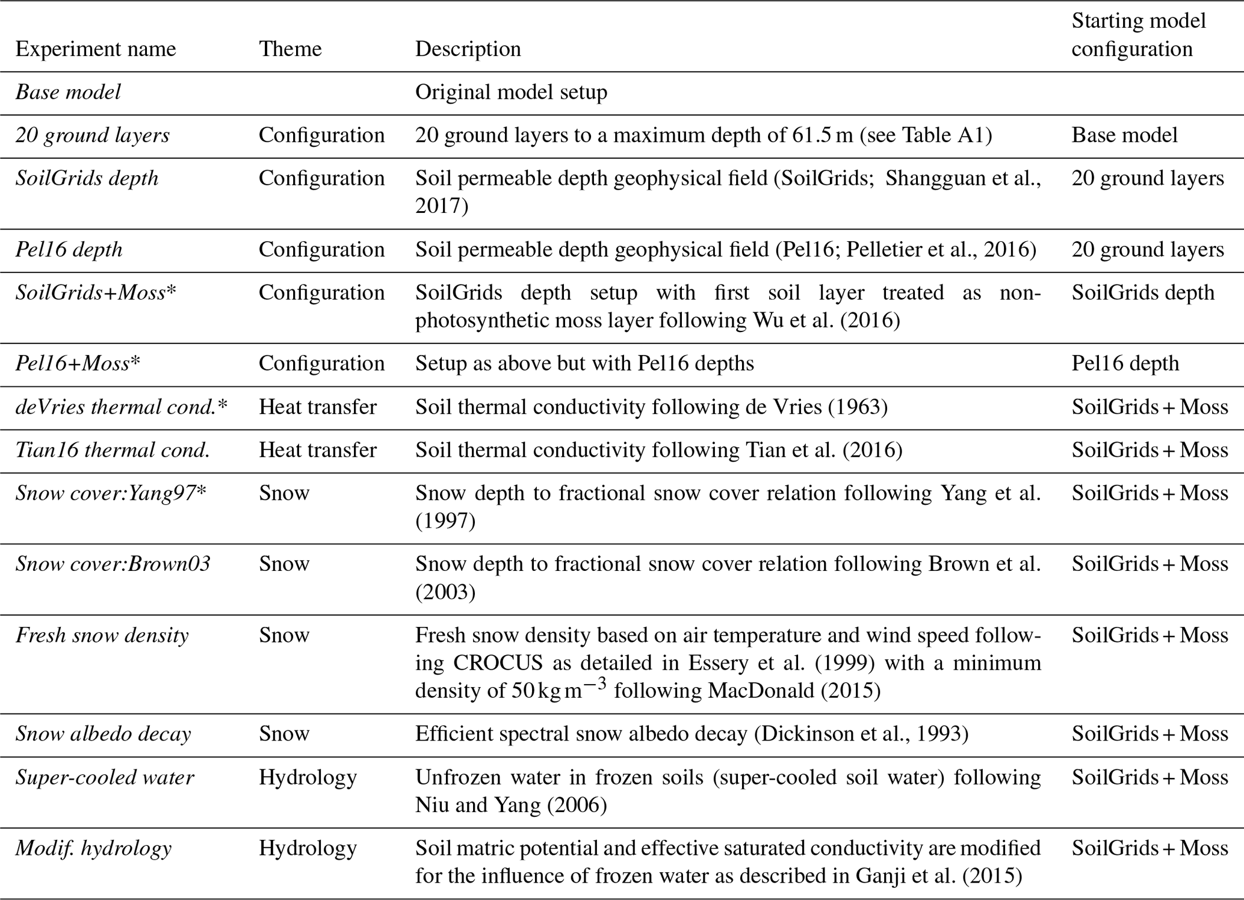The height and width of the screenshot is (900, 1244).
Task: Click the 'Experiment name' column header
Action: (x=96, y=49)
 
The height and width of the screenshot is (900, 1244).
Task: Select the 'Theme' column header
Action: (x=290, y=49)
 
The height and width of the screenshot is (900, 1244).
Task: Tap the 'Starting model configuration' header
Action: (x=1138, y=35)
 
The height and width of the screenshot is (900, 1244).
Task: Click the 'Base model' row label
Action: (x=68, y=92)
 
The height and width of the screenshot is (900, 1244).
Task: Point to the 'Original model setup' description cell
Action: (x=511, y=92)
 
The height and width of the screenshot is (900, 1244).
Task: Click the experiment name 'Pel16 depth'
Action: (x=69, y=250)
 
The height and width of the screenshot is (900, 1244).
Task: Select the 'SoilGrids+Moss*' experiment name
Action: (x=96, y=292)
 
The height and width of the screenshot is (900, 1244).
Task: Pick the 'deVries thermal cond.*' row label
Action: (x=122, y=407)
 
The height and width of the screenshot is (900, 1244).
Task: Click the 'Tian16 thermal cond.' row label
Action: (x=113, y=450)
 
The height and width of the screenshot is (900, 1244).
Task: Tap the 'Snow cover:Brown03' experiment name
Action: (x=113, y=564)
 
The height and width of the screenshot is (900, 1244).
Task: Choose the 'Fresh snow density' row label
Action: (x=102, y=635)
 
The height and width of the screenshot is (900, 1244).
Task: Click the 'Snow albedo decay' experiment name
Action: (x=104, y=734)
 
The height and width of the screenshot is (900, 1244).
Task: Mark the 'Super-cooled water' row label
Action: (x=105, y=777)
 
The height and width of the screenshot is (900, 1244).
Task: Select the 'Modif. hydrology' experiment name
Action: (x=93, y=848)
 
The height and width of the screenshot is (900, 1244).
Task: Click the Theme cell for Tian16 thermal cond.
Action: (x=318, y=450)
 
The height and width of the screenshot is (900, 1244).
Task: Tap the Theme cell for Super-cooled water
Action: (x=308, y=777)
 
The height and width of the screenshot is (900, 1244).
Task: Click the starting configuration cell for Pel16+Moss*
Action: (x=1125, y=363)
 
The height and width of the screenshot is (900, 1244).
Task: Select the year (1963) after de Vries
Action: (x=858, y=407)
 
